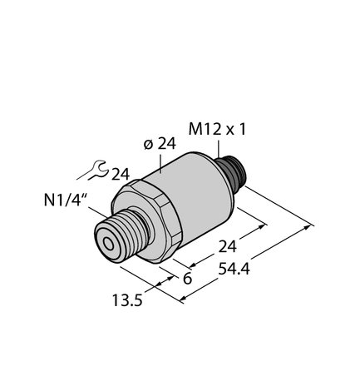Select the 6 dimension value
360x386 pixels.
186,279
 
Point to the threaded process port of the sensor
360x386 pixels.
117,236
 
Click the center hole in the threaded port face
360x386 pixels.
108,244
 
